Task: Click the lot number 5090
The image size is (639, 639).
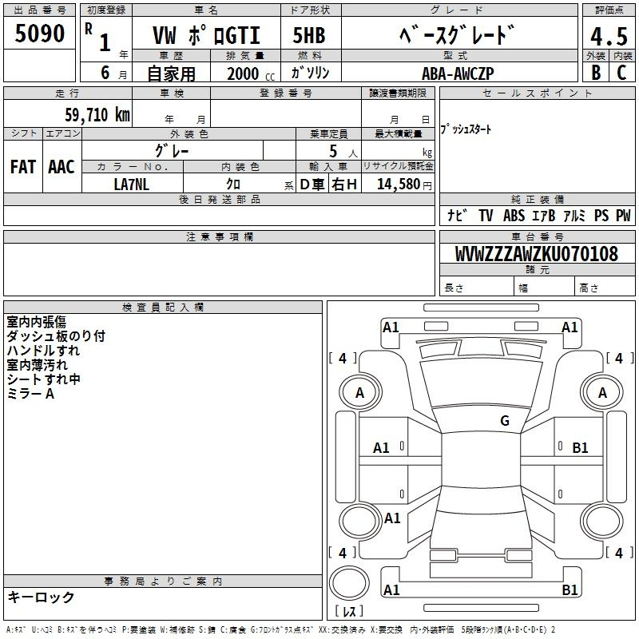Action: (x=39, y=34)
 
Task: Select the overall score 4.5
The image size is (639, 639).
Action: (x=609, y=36)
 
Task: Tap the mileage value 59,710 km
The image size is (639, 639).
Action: (x=97, y=115)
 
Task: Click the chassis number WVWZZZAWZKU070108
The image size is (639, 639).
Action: (x=537, y=253)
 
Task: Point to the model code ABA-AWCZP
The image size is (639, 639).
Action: (x=458, y=73)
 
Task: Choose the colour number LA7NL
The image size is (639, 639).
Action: (x=131, y=185)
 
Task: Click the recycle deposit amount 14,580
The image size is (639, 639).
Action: (x=399, y=185)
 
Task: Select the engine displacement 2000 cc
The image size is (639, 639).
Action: (x=251, y=73)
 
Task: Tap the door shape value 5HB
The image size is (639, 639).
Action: (x=309, y=35)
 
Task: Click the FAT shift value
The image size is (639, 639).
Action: (x=23, y=167)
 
